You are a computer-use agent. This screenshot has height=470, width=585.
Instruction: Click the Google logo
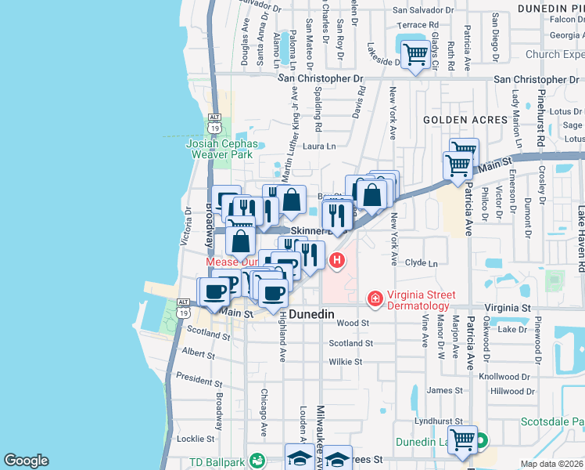coord(26,461)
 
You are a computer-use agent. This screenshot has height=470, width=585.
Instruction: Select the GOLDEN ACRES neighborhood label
coord(455,120)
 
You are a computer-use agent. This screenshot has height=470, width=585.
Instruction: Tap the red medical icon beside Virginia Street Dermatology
coord(375,298)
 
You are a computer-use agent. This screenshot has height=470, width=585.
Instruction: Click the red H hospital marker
coord(337,260)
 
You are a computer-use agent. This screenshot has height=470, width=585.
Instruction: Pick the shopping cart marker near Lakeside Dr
coord(415,55)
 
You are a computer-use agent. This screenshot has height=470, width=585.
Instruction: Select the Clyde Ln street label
coord(422,264)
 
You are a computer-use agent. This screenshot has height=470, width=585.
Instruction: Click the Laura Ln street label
coord(319,146)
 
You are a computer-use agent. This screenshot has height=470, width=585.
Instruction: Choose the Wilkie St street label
coord(345,362)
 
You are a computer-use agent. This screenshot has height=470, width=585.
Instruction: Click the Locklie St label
coord(191,439)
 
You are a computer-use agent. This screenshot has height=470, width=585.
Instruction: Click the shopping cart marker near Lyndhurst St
coord(461,441)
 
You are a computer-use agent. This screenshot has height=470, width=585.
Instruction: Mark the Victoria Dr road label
coord(186,228)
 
